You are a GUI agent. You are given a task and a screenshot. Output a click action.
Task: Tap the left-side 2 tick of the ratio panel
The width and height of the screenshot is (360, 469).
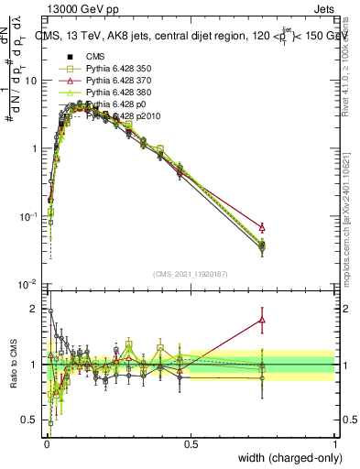coord(35,309)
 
